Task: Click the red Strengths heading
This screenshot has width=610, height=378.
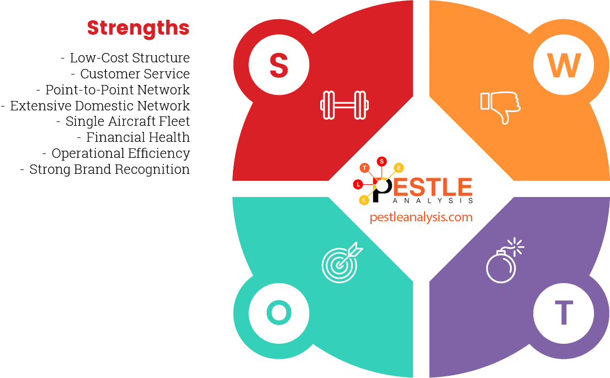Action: coord(138,28)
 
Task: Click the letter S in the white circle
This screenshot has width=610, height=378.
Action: coord(279,65)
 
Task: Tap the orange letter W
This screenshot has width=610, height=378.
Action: coord(564,65)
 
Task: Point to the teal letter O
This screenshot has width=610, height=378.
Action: coord(279,313)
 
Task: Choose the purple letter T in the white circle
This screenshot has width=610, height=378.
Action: coord(564,313)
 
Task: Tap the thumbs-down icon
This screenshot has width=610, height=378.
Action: coord(500,107)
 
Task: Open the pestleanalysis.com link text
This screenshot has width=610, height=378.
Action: coord(421,217)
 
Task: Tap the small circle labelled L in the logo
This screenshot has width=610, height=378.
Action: coord(357,183)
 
